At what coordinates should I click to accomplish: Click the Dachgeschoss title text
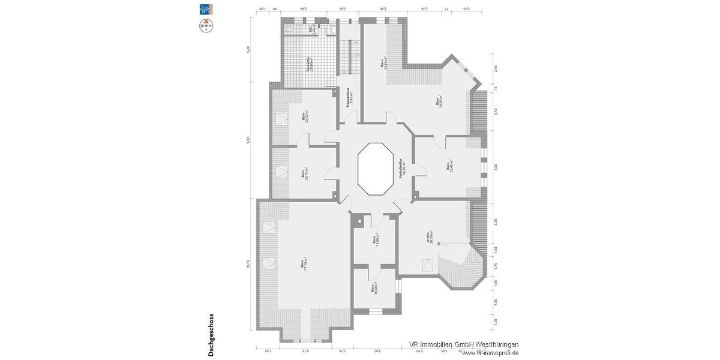click(211, 335)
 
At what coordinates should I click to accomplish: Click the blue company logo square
click(206, 8)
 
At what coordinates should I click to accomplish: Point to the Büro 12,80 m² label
click(374, 241)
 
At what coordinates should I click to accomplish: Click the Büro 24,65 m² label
click(384, 64)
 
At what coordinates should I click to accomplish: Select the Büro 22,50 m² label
click(305, 115)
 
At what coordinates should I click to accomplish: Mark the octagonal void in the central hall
click(374, 169)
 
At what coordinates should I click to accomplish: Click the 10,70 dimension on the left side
click(248, 264)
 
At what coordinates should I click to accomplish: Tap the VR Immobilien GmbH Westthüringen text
click(464, 344)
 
